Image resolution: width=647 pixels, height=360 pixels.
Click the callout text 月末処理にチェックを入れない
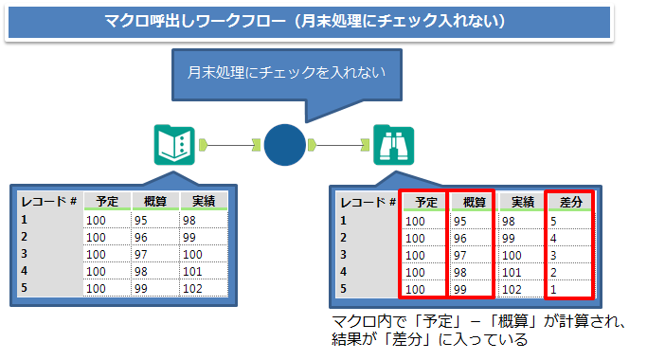[285, 70]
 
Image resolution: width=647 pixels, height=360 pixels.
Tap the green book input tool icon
[173, 144]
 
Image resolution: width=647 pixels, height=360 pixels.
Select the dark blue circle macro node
[284, 144]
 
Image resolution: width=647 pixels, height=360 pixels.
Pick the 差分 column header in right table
[570, 202]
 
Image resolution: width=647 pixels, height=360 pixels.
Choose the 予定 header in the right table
[422, 202]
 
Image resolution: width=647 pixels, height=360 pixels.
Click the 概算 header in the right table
[473, 202]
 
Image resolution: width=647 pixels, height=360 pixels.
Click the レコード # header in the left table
[48, 201]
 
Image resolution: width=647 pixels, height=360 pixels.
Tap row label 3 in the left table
[25, 253]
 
